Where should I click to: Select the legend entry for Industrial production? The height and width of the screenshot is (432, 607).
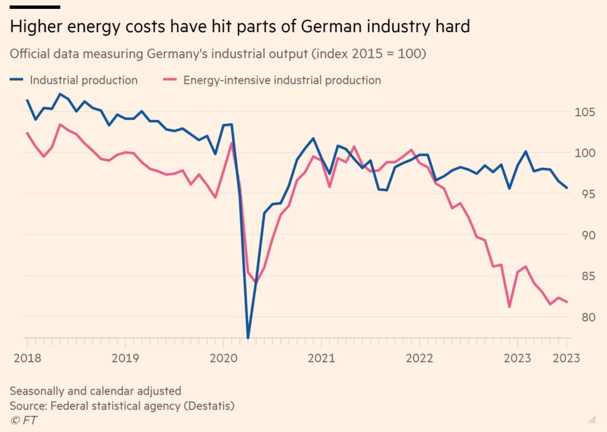[84, 80]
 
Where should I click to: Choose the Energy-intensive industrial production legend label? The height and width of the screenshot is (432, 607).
[282, 80]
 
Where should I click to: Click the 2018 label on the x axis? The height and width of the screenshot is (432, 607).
[27, 358]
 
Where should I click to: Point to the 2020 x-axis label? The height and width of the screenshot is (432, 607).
[223, 358]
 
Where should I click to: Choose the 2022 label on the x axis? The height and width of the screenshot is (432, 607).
[419, 358]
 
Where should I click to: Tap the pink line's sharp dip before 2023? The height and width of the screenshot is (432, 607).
[509, 307]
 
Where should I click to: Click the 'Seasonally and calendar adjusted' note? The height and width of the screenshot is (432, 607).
[95, 391]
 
